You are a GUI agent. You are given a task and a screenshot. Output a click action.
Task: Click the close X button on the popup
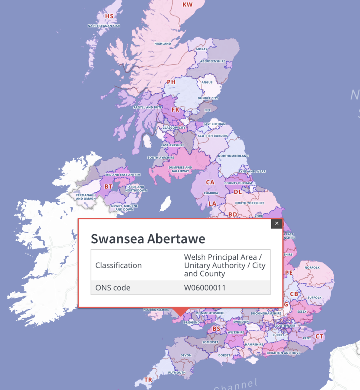click(277, 224)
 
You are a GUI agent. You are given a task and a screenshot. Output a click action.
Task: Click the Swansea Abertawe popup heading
click(148, 239)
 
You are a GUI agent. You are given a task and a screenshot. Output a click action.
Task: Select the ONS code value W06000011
click(205, 288)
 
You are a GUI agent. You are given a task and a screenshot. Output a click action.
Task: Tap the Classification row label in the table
click(118, 265)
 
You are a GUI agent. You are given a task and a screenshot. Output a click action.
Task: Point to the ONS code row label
click(113, 288)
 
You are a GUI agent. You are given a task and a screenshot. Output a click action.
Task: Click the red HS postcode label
click(109, 16)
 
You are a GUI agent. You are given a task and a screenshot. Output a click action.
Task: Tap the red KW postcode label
click(187, 5)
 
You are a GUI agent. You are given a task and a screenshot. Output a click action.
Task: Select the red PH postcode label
click(171, 82)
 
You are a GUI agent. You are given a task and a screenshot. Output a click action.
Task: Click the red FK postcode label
click(175, 110)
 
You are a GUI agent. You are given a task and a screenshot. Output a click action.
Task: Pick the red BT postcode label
click(109, 187)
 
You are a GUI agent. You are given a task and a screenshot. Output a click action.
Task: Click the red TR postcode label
click(148, 380)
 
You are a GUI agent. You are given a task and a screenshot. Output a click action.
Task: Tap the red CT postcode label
click(319, 336)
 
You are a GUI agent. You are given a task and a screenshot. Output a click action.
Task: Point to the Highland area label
click(163, 44)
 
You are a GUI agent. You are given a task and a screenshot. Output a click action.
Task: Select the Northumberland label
click(234, 156)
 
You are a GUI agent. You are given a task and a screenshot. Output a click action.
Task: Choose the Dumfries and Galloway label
click(181, 169)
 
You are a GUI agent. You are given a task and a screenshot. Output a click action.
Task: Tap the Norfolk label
click(312, 267)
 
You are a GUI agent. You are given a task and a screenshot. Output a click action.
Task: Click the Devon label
click(186, 355)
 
